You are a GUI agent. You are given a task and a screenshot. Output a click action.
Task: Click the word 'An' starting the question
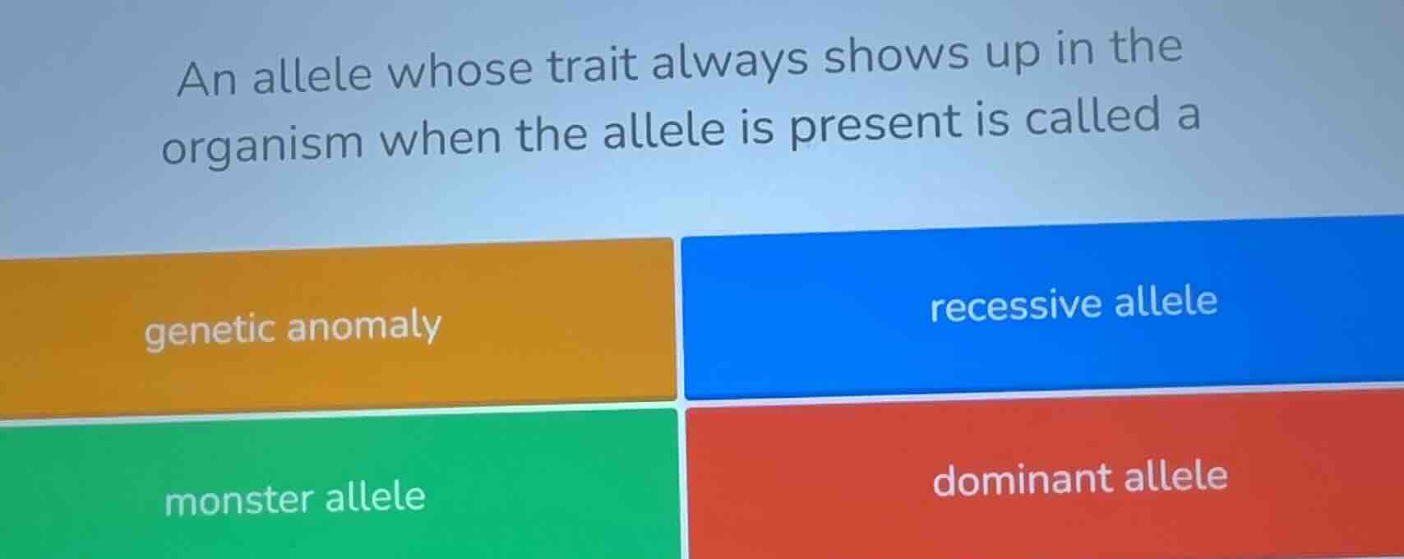[206, 79]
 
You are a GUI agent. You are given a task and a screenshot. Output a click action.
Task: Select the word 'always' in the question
[730, 62]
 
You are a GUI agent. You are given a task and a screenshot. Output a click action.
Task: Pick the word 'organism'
[262, 143]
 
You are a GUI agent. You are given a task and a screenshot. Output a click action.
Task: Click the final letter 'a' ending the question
[1188, 117]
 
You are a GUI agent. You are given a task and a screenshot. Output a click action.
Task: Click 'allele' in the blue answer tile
[1166, 301]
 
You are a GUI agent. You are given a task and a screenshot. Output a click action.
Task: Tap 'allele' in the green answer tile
[376, 497]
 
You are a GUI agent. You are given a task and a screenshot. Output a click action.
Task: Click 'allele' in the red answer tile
[1175, 476]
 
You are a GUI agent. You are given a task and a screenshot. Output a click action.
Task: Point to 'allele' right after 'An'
[312, 75]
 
